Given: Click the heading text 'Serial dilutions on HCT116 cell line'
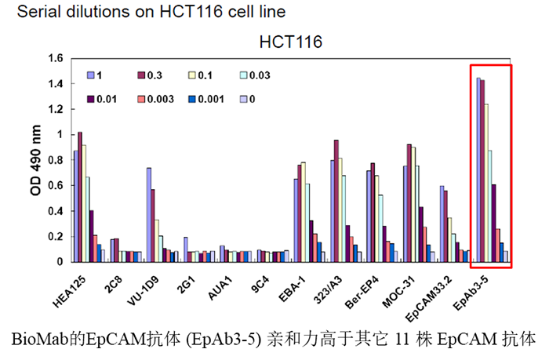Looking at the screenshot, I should click(x=141, y=12).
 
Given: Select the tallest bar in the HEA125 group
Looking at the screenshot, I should click(x=80, y=197).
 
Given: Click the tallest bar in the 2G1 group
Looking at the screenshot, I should click(x=186, y=249).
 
